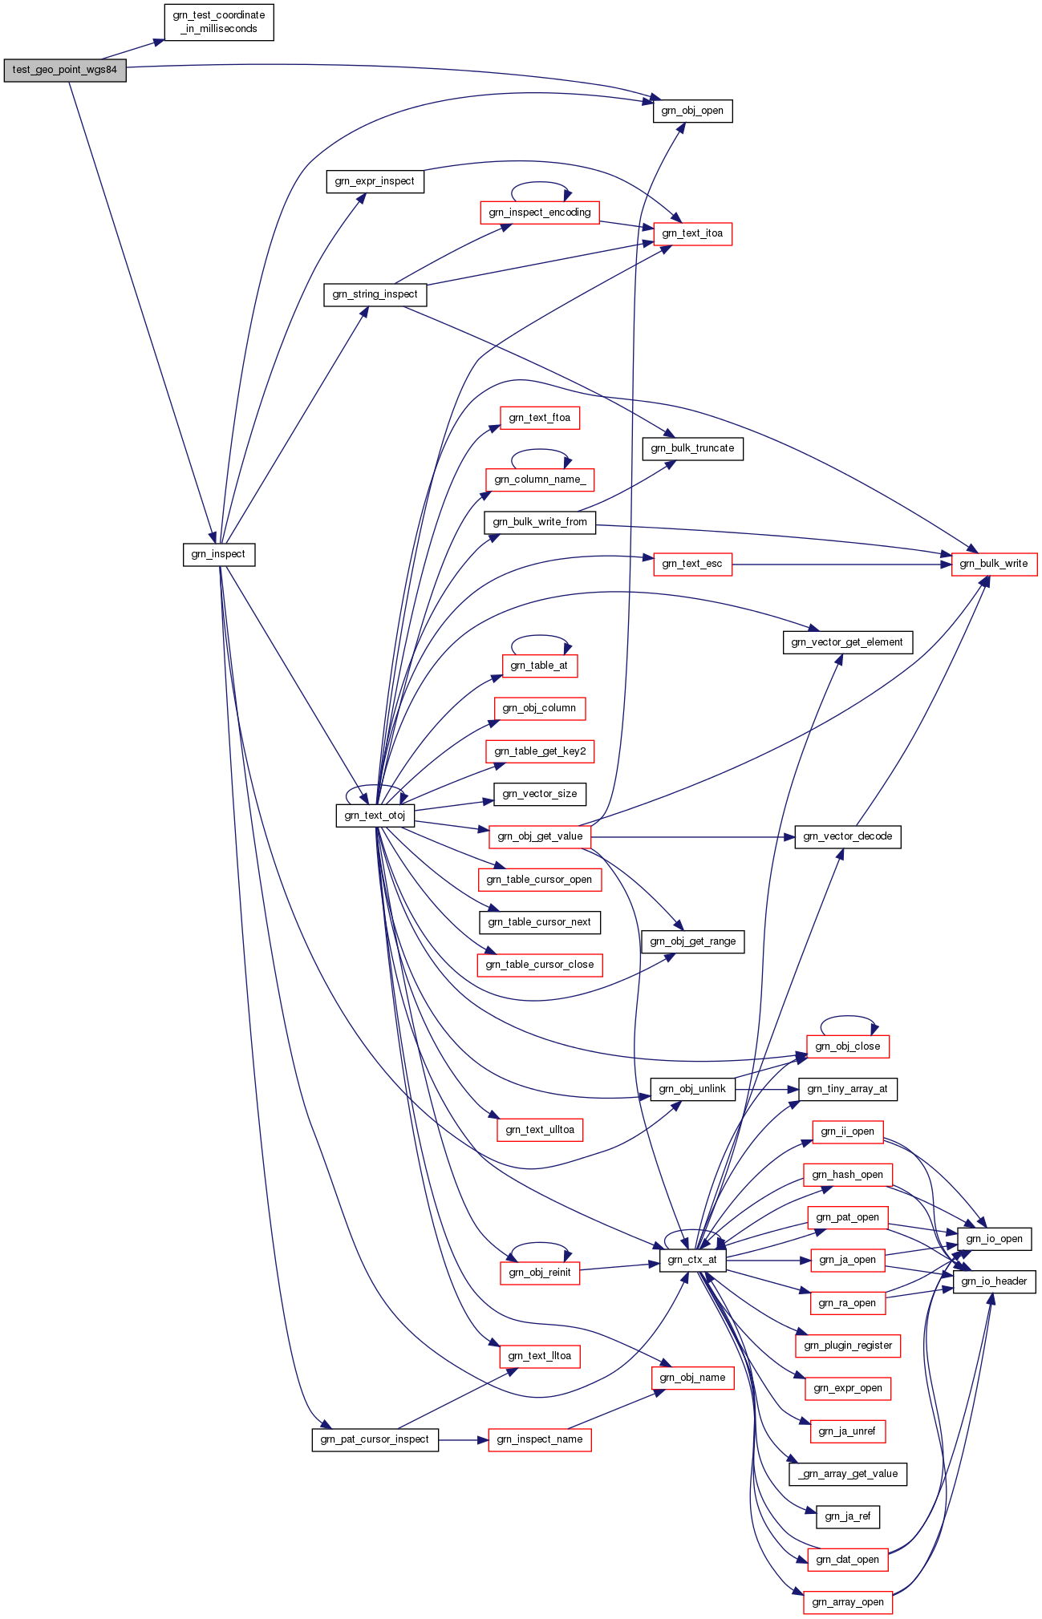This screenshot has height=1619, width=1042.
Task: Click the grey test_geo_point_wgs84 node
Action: coord(65,70)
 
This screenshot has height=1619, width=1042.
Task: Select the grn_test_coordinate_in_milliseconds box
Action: coord(219,22)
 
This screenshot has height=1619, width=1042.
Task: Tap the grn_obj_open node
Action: coord(692,111)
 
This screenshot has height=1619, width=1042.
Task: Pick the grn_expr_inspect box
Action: coord(375,181)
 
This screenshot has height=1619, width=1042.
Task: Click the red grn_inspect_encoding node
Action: coord(540,212)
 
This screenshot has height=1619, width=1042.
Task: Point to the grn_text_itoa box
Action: coord(692,233)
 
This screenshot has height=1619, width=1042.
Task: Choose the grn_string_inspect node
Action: coord(375,294)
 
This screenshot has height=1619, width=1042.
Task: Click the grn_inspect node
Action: coord(219,554)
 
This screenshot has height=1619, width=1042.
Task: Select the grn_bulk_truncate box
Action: coord(692,448)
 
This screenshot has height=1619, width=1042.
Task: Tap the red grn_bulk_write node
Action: coord(994,564)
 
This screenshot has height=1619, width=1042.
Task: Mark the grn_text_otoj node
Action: coord(375,816)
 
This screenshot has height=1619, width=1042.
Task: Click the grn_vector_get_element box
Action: coord(847,642)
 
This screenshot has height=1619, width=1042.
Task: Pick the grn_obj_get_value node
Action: coord(540,836)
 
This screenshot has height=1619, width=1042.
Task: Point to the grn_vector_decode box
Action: coord(847,836)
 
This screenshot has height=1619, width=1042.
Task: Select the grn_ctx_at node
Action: coord(692,1260)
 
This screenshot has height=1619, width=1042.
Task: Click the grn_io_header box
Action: coord(994,1281)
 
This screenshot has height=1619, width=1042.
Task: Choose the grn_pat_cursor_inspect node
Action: coord(375,1439)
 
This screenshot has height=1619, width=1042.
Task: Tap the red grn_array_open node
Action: coord(847,1602)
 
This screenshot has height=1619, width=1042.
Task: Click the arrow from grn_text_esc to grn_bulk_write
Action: coord(841,565)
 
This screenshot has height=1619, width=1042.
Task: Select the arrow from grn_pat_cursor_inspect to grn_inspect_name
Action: coord(463,1440)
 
